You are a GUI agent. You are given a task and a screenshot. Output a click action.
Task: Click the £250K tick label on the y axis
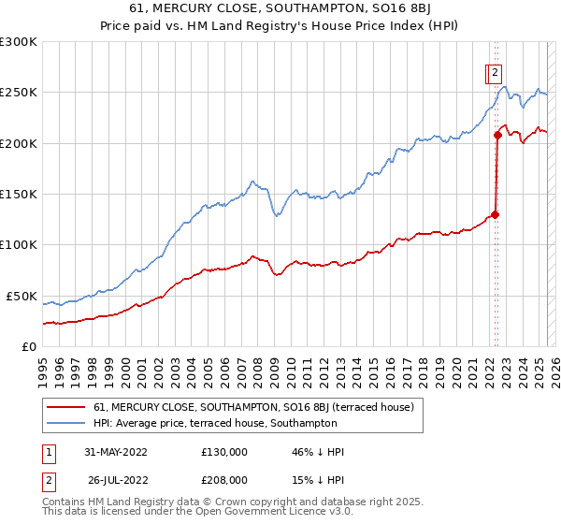point(19,93)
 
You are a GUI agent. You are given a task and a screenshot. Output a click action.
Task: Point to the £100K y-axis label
point(19,245)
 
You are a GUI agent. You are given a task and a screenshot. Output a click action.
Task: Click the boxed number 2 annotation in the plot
point(494,72)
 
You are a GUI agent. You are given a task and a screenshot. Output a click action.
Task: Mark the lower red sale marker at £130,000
point(496,214)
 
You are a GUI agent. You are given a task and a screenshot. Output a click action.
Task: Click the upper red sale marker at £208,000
point(498,135)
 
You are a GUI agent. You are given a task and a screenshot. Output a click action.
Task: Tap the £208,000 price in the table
point(224,480)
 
